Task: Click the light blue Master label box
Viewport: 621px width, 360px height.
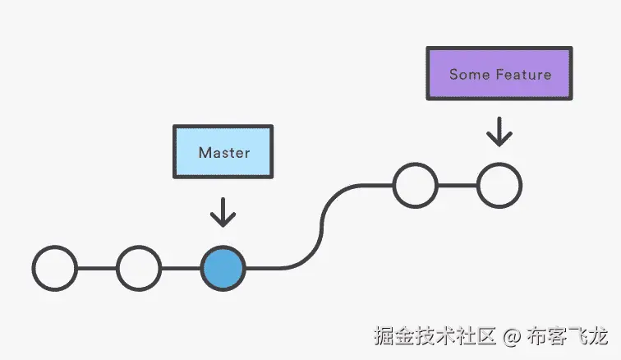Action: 223,152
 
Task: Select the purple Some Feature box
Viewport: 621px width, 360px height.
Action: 499,74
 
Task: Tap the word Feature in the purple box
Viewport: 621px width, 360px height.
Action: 523,75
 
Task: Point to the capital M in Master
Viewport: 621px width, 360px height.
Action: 204,153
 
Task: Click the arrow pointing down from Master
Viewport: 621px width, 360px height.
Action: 223,212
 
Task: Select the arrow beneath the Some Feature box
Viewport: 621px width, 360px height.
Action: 499,132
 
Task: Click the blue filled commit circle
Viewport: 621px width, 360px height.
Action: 223,268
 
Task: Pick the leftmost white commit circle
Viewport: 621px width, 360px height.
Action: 54,268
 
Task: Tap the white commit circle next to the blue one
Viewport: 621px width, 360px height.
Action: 138,268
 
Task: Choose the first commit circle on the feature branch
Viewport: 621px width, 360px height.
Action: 415,186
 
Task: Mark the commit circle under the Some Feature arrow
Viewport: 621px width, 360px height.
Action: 499,186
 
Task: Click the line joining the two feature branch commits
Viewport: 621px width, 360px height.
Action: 457,186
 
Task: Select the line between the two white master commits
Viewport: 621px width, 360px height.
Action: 96,268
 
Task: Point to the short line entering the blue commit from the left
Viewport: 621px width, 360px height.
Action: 180,268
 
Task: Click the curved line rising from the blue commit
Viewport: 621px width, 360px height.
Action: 320,227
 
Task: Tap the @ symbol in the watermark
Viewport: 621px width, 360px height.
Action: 512,335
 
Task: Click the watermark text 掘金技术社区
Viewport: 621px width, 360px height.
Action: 435,335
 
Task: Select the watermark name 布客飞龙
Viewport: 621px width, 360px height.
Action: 568,335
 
